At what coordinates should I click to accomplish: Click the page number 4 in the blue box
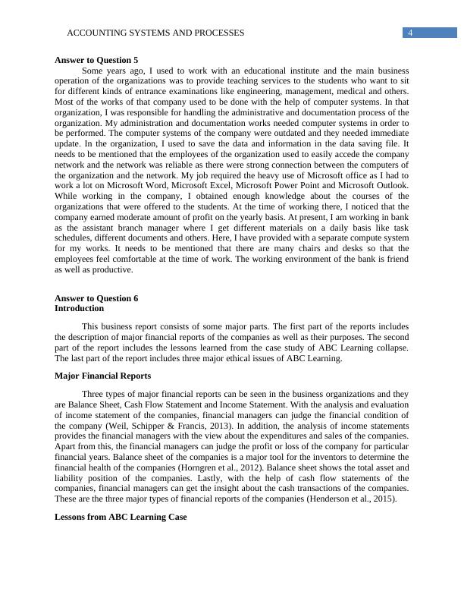(x=409, y=33)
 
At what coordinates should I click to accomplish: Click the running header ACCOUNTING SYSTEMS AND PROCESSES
(x=155, y=33)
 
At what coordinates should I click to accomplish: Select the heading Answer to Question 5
(x=96, y=59)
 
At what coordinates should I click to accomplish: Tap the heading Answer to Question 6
(x=96, y=298)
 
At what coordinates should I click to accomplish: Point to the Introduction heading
(x=80, y=309)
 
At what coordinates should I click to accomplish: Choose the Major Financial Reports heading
(x=102, y=376)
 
